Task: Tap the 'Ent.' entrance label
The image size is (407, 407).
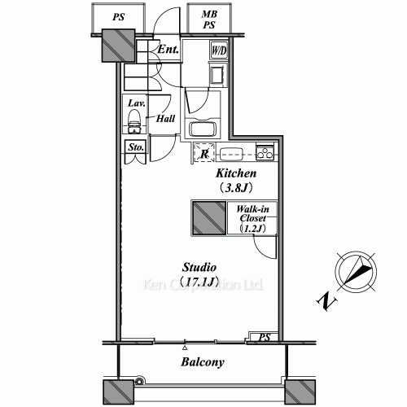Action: coord(168,49)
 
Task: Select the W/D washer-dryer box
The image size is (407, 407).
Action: coord(218,51)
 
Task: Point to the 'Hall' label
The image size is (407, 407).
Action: coord(166,119)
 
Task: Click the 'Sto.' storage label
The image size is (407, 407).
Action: coord(136,148)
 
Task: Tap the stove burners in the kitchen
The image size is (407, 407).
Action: coord(265,151)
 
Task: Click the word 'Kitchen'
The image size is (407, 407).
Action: coord(236,174)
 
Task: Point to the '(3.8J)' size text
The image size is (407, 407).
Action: coord(236,188)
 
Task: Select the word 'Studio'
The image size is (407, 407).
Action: coord(199,268)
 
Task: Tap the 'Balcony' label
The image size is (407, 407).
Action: coord(203,362)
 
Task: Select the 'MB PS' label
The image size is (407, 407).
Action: coord(209,20)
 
